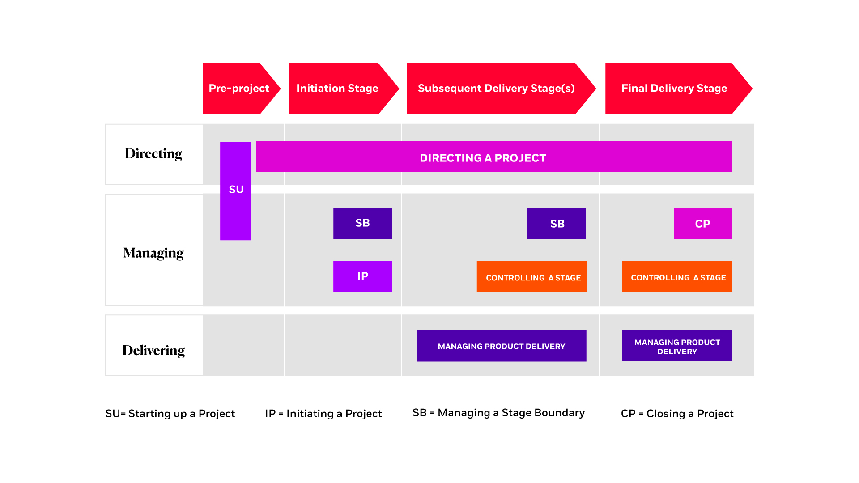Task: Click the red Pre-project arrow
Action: (x=238, y=89)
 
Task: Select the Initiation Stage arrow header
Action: (x=338, y=89)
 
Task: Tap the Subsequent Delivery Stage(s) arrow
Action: (x=496, y=89)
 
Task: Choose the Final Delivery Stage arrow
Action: (x=674, y=89)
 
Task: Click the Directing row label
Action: (x=154, y=154)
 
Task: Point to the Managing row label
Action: (x=154, y=253)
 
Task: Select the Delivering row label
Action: (x=154, y=350)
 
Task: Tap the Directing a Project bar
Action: (x=494, y=157)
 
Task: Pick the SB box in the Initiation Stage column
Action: (x=362, y=223)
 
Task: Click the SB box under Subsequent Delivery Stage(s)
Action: (x=557, y=224)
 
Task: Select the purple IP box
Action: (x=362, y=276)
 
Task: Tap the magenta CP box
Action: (x=702, y=224)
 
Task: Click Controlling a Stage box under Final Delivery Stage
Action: (x=677, y=277)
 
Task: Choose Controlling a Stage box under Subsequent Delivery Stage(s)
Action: (x=532, y=277)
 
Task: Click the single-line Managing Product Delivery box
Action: (x=501, y=346)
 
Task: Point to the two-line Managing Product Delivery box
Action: (x=677, y=346)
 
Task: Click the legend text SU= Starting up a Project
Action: (x=170, y=414)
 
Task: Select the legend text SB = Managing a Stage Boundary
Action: (x=498, y=413)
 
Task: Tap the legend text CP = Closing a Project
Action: (x=677, y=414)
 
